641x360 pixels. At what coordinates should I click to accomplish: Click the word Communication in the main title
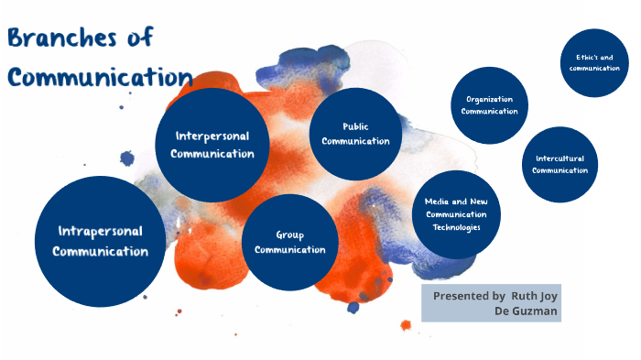point(100,76)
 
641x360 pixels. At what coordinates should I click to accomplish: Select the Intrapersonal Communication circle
point(100,241)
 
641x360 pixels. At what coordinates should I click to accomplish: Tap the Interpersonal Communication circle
point(212,144)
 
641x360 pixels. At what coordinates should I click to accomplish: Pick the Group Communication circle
point(290,243)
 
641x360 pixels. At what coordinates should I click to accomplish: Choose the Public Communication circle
point(355,134)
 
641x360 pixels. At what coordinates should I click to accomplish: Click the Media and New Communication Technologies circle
point(456,213)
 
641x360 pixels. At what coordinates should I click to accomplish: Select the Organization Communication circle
point(489,105)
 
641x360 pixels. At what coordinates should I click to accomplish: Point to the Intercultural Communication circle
point(560,164)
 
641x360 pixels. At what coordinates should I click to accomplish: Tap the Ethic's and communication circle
point(594,62)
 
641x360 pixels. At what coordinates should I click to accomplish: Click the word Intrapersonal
point(100,231)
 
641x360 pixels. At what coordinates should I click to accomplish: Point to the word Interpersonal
point(212,136)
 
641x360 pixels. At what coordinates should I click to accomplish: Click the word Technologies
point(456,226)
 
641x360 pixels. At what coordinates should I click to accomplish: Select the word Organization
point(489,99)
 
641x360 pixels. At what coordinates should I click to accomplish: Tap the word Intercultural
point(560,158)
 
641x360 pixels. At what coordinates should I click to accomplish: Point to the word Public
point(355,126)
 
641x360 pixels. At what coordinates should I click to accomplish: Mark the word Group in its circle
point(290,235)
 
